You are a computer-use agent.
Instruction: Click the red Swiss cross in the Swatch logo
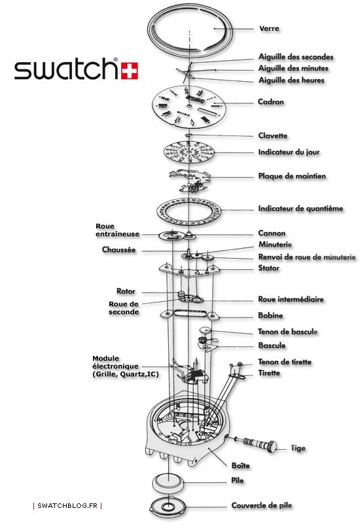(x=128, y=69)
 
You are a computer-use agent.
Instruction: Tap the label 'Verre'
(x=269, y=29)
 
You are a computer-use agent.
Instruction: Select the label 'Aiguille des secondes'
(x=295, y=57)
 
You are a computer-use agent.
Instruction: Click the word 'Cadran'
(x=271, y=102)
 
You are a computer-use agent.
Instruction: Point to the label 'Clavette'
(x=272, y=136)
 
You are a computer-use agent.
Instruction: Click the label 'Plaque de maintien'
(x=291, y=176)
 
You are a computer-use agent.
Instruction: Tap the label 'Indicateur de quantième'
(x=300, y=209)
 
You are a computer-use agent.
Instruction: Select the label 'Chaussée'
(x=119, y=249)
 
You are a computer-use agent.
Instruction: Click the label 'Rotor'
(x=126, y=291)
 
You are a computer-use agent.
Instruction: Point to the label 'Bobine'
(x=270, y=316)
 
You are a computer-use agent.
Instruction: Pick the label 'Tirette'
(x=269, y=373)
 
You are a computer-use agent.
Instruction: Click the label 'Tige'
(x=298, y=448)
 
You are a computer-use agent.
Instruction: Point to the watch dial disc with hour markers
(x=188, y=108)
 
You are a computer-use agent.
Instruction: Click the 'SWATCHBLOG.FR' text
(x=68, y=506)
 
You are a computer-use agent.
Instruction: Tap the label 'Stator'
(x=268, y=268)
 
